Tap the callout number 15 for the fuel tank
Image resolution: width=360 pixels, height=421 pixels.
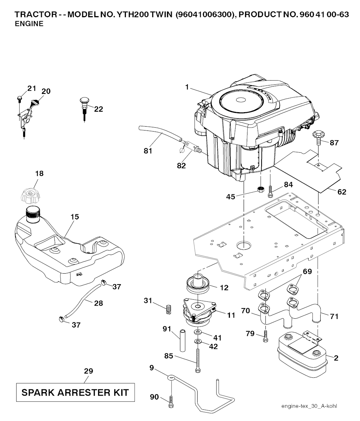tap(75, 217)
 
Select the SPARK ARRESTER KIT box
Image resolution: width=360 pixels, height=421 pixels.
tap(75, 392)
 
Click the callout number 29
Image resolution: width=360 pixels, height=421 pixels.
tap(89, 371)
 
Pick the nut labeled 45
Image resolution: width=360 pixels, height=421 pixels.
tap(261, 190)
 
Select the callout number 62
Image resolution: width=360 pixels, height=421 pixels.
tap(342, 192)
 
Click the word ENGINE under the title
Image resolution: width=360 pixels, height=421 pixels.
tap(30, 24)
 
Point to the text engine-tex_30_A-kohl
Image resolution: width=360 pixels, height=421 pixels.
tap(309, 406)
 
